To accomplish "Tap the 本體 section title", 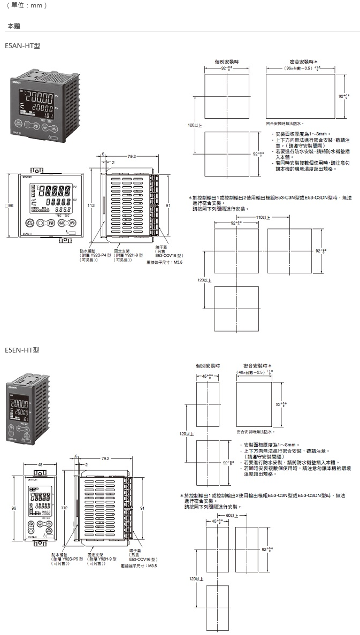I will point(14,26).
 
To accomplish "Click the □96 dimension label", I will point(10,205).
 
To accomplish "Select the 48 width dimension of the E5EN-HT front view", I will point(41,464).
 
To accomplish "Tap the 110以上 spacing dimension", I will point(263,217).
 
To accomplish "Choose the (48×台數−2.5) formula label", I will point(253,372).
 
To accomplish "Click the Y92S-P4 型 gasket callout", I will point(97,255).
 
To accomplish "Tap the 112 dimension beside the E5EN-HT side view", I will point(64,507).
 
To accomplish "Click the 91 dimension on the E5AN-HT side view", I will point(168,205).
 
